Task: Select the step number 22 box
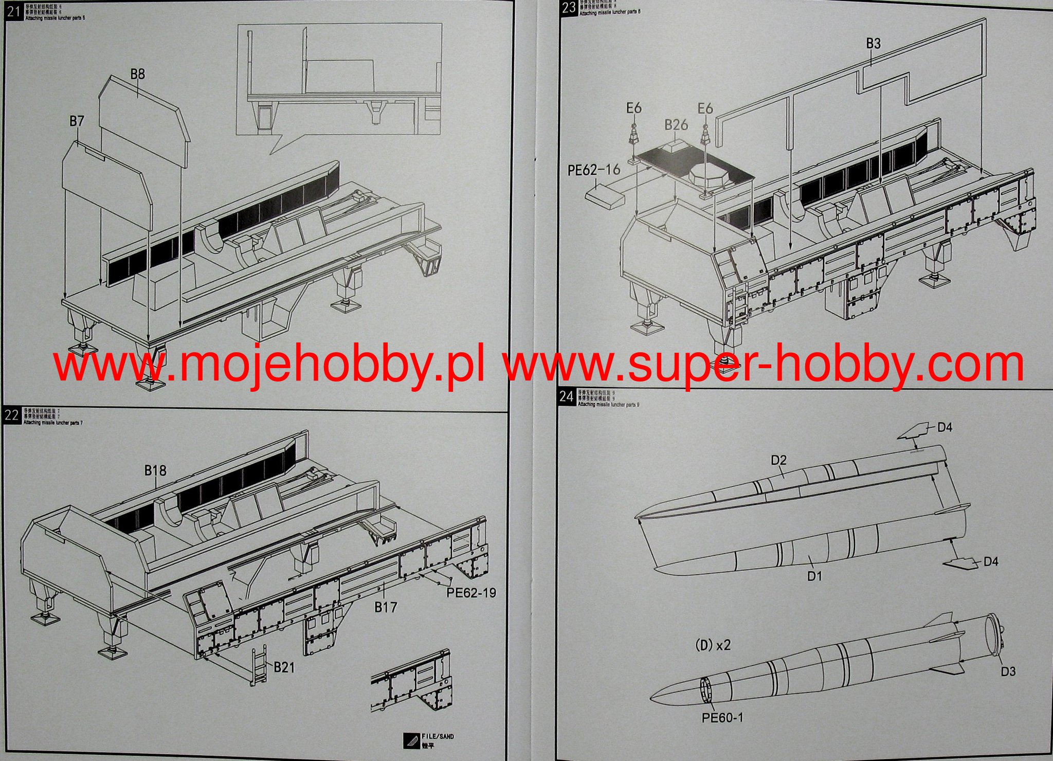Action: coord(11,415)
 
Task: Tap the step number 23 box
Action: coord(569,8)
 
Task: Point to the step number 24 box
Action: coord(567,396)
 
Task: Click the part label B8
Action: coord(137,74)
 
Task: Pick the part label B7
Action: coord(77,121)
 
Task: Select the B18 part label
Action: coord(155,470)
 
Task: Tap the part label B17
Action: coord(386,607)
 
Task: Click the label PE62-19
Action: coord(471,593)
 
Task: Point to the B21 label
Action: coord(284,667)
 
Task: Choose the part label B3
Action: coord(873,44)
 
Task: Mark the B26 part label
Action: coord(676,125)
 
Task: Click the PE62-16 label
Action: coord(594,170)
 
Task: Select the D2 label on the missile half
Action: coord(778,460)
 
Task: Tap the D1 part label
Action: coord(814,576)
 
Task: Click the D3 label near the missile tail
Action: coord(1008,671)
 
